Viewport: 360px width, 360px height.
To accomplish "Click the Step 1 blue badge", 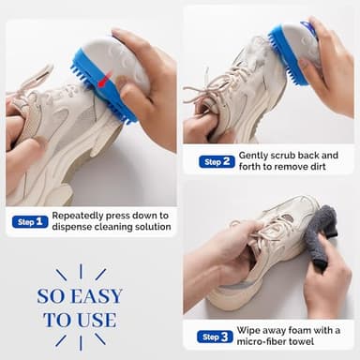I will tap(29, 221).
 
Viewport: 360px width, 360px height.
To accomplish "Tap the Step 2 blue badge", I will tap(217, 161).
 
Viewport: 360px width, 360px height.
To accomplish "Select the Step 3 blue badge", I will tap(215, 336).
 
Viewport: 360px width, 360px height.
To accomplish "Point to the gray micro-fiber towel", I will tap(322, 235).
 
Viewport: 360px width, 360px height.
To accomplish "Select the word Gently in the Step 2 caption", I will tap(253, 155).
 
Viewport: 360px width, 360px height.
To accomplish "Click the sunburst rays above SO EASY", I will tap(81, 274).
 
